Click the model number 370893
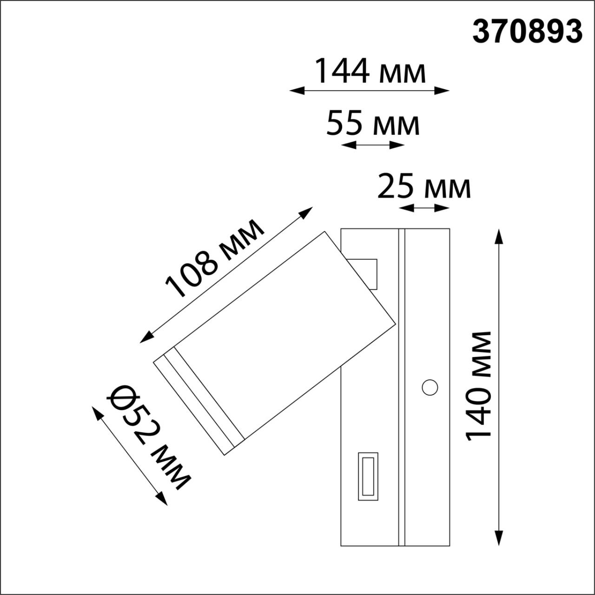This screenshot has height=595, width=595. click(x=527, y=32)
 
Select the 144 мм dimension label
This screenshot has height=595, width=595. click(x=370, y=71)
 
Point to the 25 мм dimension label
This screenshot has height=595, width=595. click(x=424, y=186)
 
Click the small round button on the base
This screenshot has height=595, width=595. click(x=430, y=387)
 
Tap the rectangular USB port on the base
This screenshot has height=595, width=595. click(x=368, y=476)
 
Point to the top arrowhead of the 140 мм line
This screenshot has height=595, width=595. click(x=499, y=235)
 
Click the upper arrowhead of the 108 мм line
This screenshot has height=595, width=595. click(x=307, y=212)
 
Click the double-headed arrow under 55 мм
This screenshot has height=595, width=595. click(x=373, y=145)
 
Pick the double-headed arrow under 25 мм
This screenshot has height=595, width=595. click(x=424, y=208)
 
